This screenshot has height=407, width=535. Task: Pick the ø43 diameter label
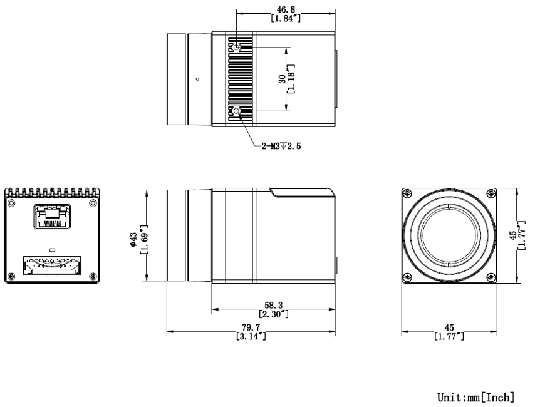(133, 239)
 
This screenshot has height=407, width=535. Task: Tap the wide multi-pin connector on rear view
(52, 263)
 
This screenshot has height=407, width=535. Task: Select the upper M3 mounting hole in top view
(237, 47)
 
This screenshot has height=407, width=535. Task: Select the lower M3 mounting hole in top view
(237, 111)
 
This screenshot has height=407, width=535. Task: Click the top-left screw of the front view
(408, 193)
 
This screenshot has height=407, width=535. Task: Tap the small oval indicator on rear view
(52, 245)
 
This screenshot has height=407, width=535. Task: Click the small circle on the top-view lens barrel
(197, 79)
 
